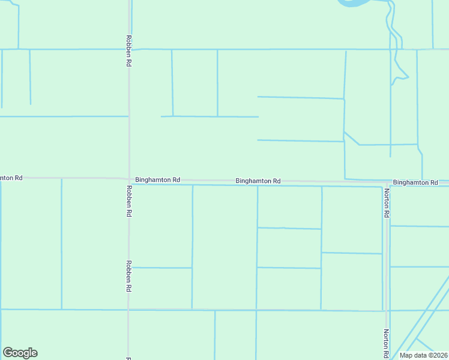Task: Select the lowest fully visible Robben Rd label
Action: point(128,275)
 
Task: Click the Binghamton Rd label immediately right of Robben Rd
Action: point(158,179)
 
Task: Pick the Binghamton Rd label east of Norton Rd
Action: point(415,182)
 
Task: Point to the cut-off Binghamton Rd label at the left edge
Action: point(11,178)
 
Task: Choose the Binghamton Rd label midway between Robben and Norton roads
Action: point(258,181)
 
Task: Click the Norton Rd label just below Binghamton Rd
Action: point(387,203)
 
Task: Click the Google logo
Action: point(20,353)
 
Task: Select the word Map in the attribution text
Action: point(406,355)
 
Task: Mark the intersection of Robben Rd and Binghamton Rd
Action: point(128,179)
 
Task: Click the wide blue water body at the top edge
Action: point(357,2)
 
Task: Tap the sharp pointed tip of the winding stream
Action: point(409,77)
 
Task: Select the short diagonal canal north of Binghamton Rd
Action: point(352,138)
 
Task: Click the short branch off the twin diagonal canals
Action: point(424,344)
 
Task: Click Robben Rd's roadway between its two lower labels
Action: point(128,240)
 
